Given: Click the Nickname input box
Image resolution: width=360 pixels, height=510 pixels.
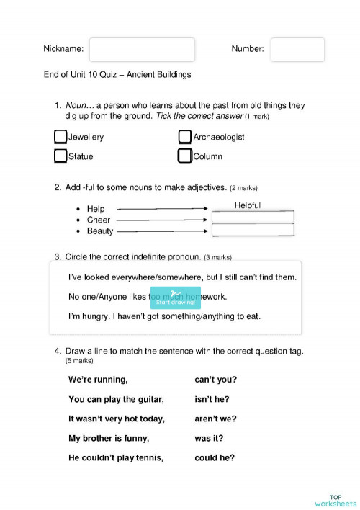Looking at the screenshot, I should coord(142,50).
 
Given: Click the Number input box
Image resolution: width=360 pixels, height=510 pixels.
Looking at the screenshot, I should coord(297,50).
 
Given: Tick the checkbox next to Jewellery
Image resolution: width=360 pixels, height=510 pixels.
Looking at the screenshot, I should coord(60,137).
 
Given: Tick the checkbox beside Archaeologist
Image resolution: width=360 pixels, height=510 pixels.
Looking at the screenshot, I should coord(185,137).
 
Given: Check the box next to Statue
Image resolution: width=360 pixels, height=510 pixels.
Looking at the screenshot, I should coord(60,156).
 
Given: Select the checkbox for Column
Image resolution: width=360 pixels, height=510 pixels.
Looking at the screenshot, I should coord(185,156).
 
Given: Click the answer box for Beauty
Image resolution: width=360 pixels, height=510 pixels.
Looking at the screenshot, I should coord(253,230).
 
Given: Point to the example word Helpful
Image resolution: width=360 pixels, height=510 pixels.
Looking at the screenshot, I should coord(248,205).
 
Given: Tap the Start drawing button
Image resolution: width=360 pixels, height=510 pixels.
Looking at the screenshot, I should coord(176,297).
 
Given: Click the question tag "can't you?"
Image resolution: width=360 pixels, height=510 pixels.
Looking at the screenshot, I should coord(215,380).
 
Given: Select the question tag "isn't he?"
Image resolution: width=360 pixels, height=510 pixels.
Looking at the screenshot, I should coord(213,399).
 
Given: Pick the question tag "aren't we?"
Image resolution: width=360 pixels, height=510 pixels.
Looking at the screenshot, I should coord(215,419).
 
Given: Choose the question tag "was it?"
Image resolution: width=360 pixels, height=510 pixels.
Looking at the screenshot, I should coord(209,438).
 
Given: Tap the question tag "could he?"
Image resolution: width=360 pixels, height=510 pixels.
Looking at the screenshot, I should coord(214,457).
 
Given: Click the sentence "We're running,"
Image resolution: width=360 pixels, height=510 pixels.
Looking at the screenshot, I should coord(98,380).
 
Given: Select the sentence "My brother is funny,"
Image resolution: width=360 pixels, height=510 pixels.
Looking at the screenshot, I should coord(109,438).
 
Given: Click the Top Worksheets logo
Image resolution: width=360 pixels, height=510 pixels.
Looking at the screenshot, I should coord(335,501).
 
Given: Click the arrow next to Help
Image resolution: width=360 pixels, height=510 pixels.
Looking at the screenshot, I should coord(163,209).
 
